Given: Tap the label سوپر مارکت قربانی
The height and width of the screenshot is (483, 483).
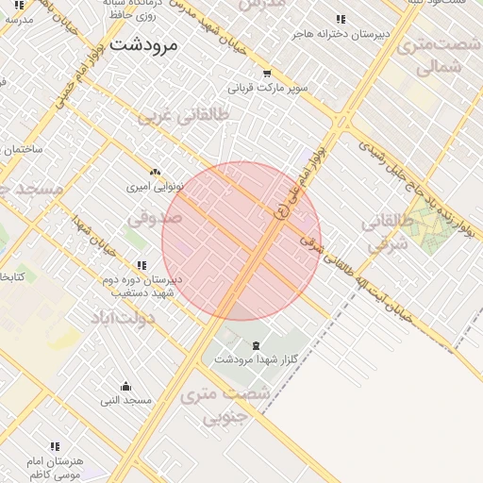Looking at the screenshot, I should [267, 90].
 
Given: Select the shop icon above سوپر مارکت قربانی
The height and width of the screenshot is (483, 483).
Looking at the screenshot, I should [267, 74].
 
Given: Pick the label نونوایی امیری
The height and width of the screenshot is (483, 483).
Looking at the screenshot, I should [155, 188].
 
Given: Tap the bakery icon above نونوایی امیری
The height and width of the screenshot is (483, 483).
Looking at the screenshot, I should [155, 173].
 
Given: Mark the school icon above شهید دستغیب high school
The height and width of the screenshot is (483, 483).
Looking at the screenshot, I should [142, 266].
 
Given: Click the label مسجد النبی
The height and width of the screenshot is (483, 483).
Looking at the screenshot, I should [126, 401].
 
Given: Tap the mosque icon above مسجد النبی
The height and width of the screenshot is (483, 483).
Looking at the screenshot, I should [126, 386].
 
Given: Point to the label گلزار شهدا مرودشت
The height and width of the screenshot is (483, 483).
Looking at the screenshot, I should [257, 360].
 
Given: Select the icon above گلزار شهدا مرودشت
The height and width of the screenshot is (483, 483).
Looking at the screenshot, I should [258, 345].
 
